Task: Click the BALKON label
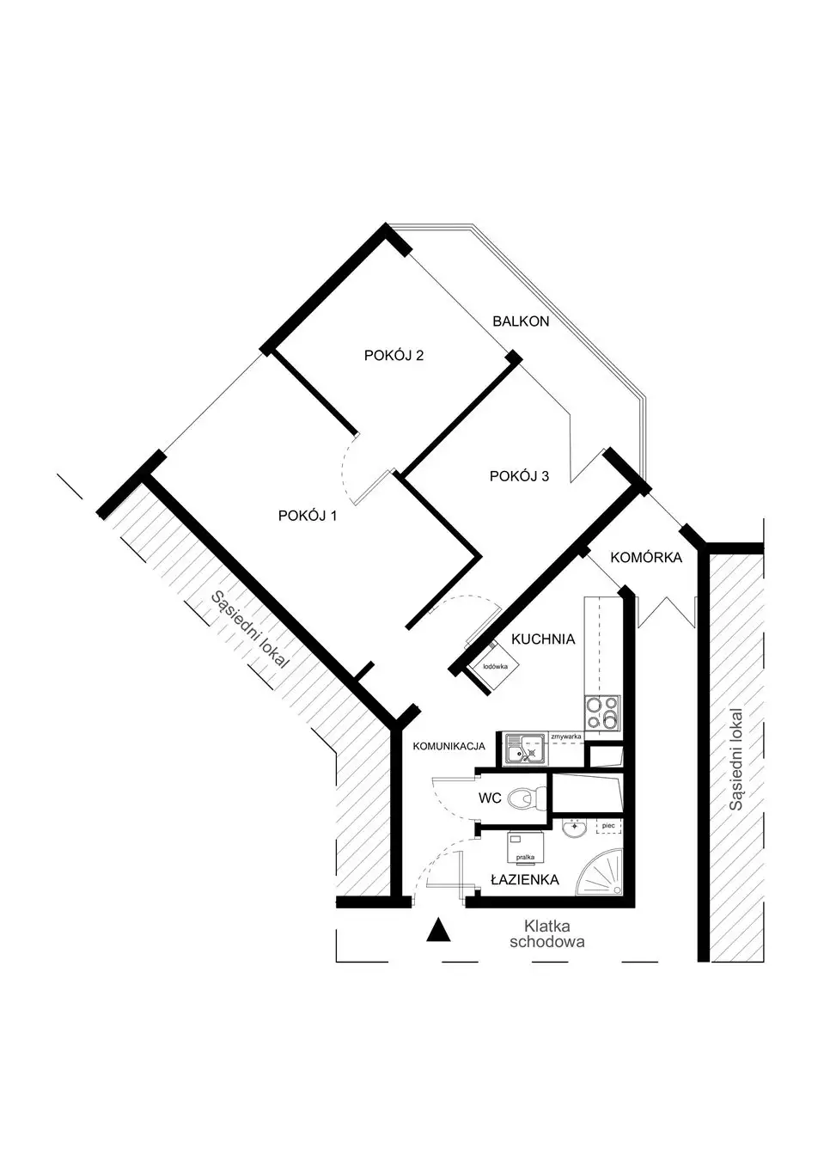click(521, 321)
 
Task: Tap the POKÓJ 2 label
click(394, 355)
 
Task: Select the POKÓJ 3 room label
click(519, 476)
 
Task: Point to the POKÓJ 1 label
click(307, 516)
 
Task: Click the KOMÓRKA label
click(646, 557)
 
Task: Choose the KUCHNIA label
click(543, 639)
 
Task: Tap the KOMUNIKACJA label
click(449, 746)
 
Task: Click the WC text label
click(490, 798)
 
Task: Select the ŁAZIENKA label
click(524, 879)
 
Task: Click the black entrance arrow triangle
click(438, 930)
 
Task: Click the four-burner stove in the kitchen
click(602, 712)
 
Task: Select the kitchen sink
click(525, 749)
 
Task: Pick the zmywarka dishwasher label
click(566, 737)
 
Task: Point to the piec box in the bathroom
click(608, 825)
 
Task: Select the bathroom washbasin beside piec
click(576, 829)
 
